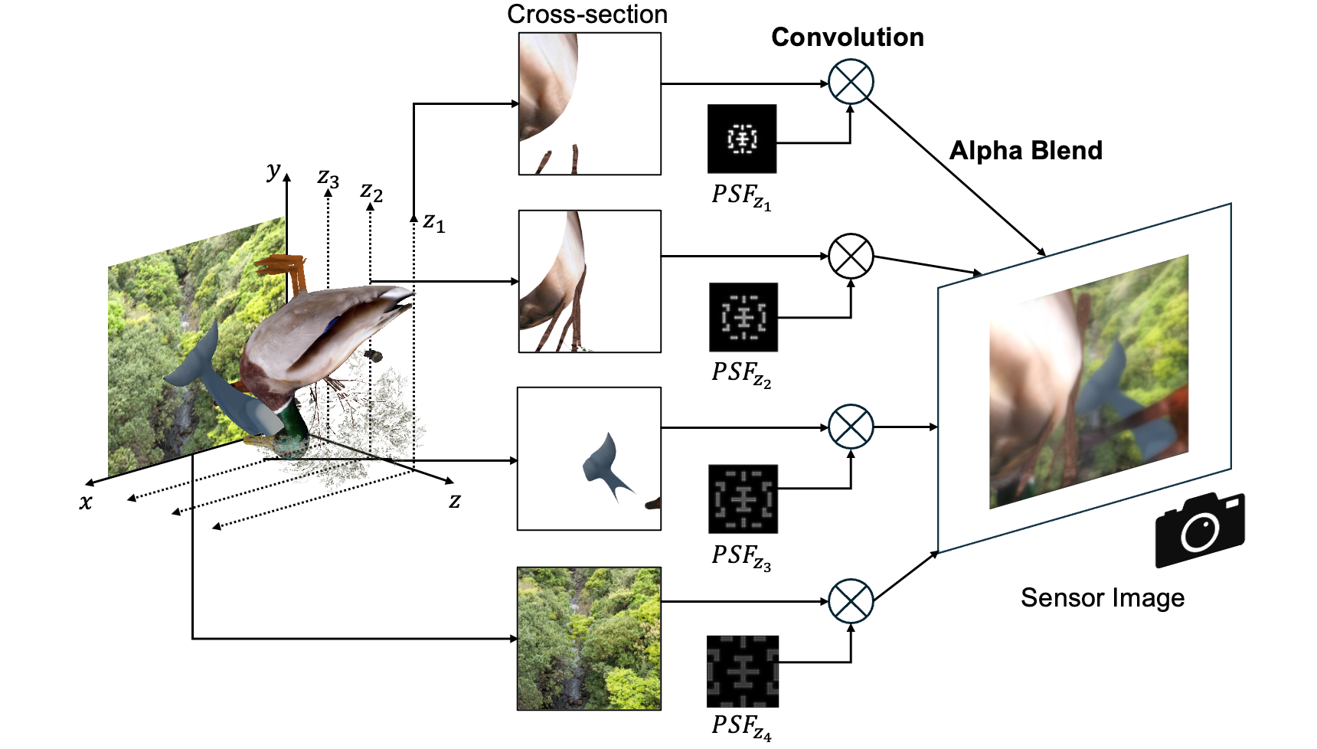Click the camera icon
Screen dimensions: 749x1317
[1199, 529]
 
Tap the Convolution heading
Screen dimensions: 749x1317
[847, 38]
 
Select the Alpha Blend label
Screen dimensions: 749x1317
[1025, 151]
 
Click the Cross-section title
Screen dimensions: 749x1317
[587, 15]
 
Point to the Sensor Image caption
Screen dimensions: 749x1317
[1102, 598]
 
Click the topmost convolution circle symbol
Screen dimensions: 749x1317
[851, 82]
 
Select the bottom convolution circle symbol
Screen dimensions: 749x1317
[851, 601]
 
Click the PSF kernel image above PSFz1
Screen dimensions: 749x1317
[741, 139]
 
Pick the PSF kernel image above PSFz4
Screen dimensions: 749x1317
[742, 671]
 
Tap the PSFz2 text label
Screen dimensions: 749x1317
[740, 374]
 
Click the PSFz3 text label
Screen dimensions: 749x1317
[740, 557]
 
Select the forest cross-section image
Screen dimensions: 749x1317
[589, 638]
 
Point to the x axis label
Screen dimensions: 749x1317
[86, 502]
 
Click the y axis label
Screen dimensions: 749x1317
[273, 170]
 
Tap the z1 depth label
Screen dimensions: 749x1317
[433, 222]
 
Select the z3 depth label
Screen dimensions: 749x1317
[328, 178]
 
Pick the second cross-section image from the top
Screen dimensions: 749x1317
[589, 281]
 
